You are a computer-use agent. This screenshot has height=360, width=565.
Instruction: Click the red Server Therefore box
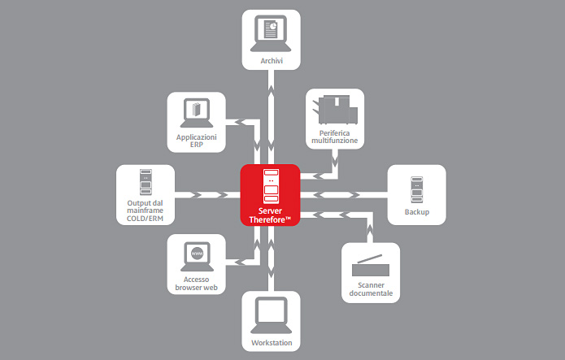click(271, 194)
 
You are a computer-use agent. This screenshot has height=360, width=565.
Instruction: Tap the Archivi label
click(272, 59)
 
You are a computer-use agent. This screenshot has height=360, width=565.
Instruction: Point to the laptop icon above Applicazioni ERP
click(196, 113)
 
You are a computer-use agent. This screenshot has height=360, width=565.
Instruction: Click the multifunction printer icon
click(334, 108)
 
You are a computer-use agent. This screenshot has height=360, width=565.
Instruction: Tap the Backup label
click(416, 213)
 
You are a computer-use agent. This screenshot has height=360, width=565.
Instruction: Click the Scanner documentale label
click(370, 289)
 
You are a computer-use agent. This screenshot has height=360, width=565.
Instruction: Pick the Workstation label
click(272, 342)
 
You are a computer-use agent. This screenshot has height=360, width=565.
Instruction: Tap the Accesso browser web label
click(196, 284)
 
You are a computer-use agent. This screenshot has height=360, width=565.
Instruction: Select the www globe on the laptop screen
click(196, 255)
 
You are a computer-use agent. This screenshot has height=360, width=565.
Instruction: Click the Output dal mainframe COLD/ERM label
click(145, 212)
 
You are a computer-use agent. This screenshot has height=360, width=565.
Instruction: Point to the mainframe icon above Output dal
click(145, 183)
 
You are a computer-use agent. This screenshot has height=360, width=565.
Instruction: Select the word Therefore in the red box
click(271, 219)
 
